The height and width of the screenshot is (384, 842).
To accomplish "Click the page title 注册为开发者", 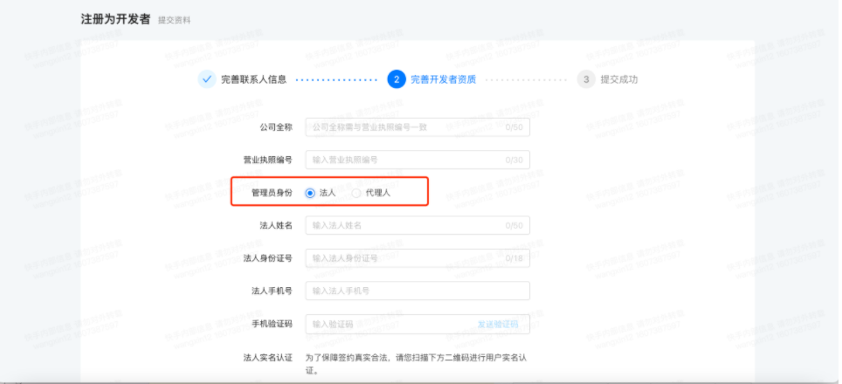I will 115,18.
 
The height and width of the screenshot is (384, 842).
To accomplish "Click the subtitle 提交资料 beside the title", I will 174,20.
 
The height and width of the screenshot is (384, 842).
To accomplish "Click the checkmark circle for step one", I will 206,79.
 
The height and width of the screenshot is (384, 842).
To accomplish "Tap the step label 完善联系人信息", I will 253,79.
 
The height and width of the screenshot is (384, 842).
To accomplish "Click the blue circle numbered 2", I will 397,79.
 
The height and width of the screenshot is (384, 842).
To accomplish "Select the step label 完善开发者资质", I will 444,79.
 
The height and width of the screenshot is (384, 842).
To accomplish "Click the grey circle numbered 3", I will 586,79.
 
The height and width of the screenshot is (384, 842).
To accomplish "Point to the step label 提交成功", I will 619,79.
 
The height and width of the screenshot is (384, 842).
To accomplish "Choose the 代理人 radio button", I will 356,193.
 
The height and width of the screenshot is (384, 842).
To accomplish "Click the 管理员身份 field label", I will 272,193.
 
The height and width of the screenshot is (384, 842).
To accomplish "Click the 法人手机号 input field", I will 417,291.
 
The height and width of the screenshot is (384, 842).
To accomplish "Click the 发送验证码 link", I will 497,324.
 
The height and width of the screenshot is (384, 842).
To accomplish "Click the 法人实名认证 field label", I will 267,357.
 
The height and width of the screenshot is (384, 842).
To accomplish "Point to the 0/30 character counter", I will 514,161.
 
